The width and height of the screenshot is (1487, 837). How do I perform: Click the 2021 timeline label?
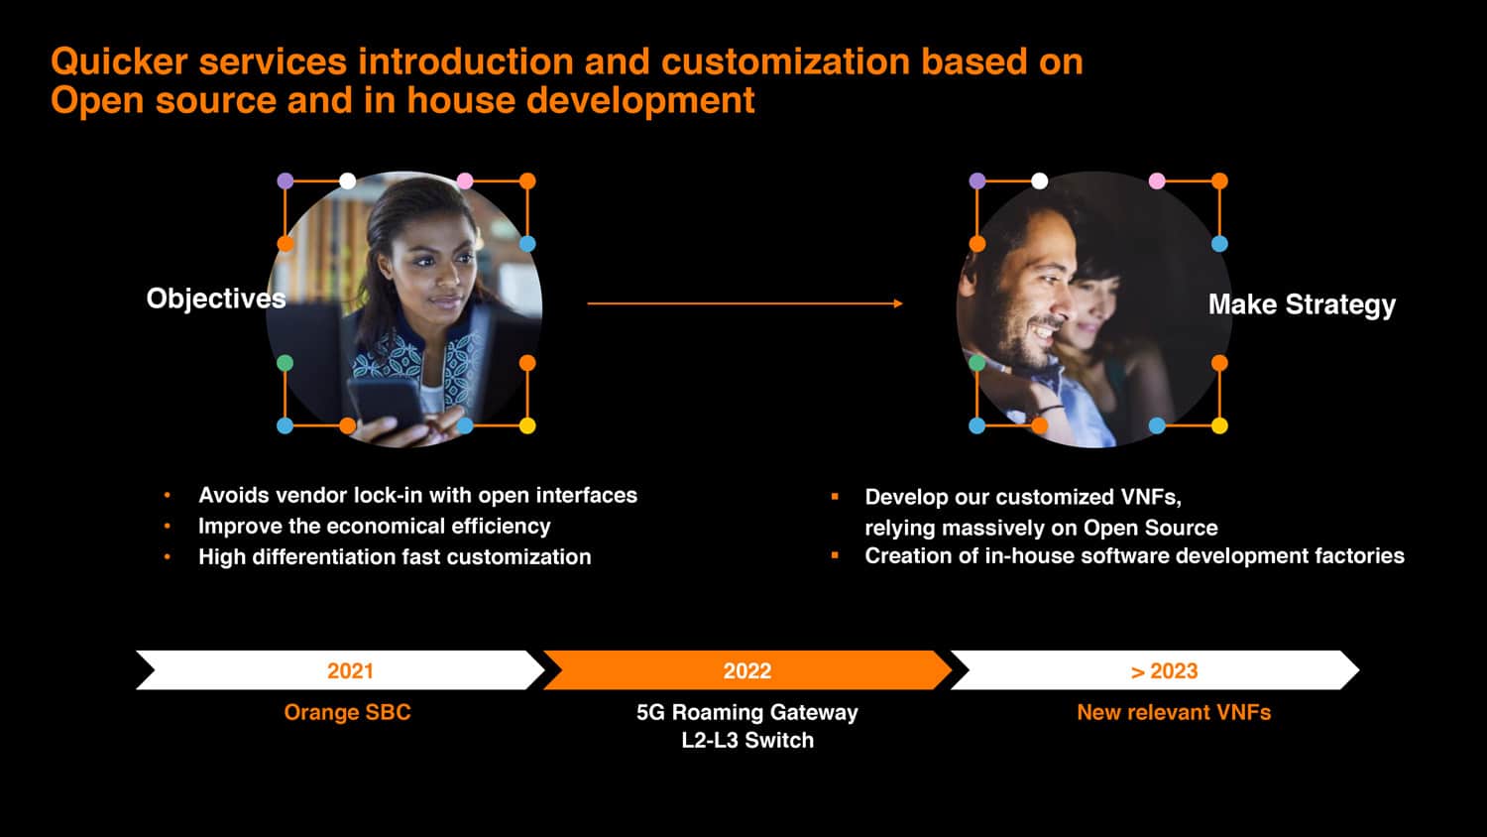click(350, 671)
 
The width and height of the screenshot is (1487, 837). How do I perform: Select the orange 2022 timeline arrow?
click(747, 670)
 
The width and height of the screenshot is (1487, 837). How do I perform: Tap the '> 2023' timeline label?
click(1164, 671)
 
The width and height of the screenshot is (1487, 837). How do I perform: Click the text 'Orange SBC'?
click(347, 712)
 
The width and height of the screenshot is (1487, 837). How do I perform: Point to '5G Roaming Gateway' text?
click(746, 712)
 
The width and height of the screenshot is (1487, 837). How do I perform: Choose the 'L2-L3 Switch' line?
click(747, 740)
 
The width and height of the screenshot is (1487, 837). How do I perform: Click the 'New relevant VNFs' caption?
click(1174, 712)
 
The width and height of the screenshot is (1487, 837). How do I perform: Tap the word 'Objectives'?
click(216, 299)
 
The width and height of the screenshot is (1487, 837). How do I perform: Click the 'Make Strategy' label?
click(1302, 304)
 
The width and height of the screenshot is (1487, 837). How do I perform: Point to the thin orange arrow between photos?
click(744, 303)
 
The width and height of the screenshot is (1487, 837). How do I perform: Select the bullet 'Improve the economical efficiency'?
click(375, 527)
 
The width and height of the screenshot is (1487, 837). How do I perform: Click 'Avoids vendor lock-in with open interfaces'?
click(417, 495)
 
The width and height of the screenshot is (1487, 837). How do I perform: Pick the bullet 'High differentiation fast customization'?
click(395, 556)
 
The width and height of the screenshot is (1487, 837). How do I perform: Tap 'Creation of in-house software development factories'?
click(1134, 555)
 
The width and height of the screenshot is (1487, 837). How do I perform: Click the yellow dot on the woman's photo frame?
click(527, 425)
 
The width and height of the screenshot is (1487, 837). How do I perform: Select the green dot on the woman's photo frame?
click(285, 363)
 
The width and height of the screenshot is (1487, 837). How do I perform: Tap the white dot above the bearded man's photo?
click(1040, 180)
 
